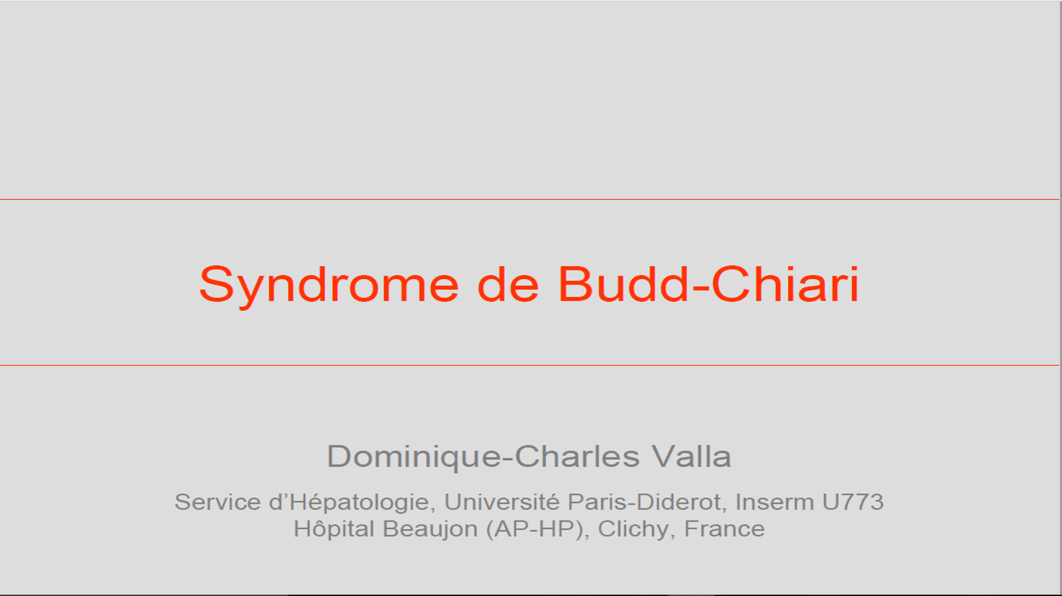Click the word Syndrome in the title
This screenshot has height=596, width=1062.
pyautogui.click(x=329, y=285)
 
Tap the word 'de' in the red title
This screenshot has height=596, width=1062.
pyautogui.click(x=508, y=283)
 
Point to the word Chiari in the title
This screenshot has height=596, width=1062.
pyautogui.click(x=785, y=283)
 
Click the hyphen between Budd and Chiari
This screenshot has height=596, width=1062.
pyautogui.click(x=700, y=287)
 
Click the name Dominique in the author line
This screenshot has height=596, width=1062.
pyautogui.click(x=414, y=457)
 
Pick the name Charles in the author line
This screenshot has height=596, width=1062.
pyautogui.click(x=578, y=456)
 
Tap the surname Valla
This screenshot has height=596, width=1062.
pyautogui.click(x=692, y=456)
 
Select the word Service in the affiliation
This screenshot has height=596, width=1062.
pyautogui.click(x=218, y=502)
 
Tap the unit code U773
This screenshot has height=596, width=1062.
pyautogui.click(x=854, y=502)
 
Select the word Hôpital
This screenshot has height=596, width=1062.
pyautogui.click(x=334, y=529)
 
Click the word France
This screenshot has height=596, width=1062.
pyautogui.click(x=724, y=529)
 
